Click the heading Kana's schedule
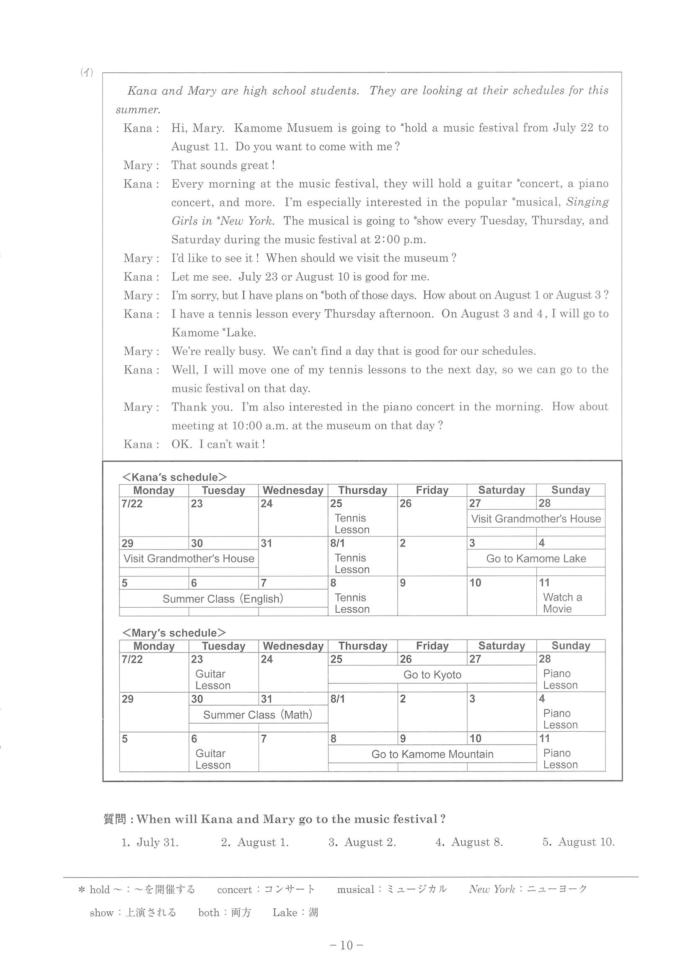point(174,477)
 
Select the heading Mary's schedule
point(174,632)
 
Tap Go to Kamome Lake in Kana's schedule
point(536,558)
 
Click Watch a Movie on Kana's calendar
point(562,603)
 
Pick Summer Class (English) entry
point(223,598)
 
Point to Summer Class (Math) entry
point(258,714)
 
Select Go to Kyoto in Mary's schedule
point(432,674)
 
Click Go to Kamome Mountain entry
point(432,754)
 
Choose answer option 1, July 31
point(150,842)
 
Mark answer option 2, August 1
point(255,842)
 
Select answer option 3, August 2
point(362,842)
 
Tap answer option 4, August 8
point(469,842)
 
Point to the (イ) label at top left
point(87,72)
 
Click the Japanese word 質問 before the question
point(115,819)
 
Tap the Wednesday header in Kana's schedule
point(293,490)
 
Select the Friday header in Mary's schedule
point(432,646)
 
